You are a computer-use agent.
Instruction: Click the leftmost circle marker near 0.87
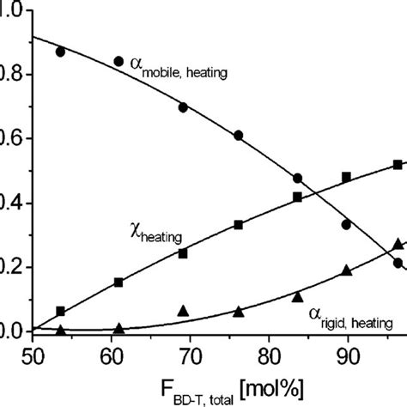tap(60, 52)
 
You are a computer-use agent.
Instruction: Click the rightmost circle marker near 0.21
tap(398, 264)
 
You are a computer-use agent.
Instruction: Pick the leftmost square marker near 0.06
tap(60, 311)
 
